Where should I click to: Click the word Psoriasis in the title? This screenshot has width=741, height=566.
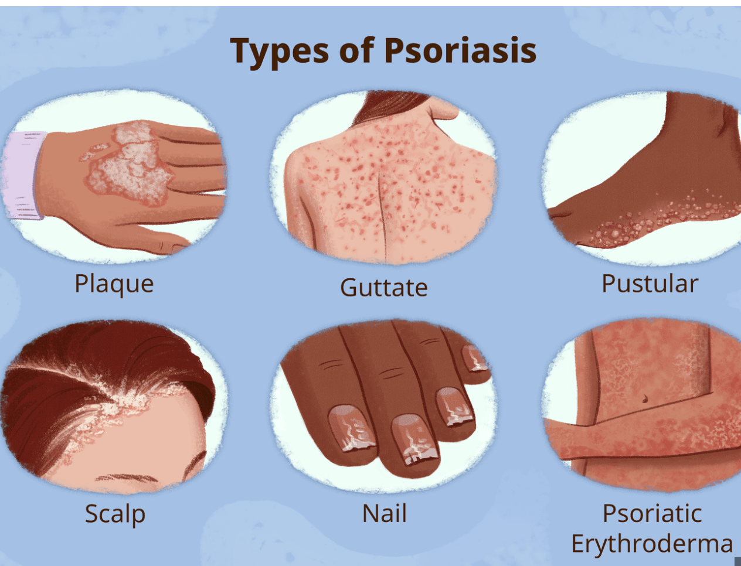click(460, 50)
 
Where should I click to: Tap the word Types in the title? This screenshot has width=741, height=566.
click(279, 52)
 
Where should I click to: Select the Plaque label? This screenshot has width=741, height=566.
click(114, 284)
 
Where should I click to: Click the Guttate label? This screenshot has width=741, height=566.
click(384, 287)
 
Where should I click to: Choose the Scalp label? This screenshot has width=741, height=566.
click(115, 514)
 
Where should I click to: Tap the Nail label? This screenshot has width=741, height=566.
click(384, 513)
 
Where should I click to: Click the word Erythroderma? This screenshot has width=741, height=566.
click(652, 544)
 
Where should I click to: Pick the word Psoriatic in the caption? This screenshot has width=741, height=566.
click(652, 513)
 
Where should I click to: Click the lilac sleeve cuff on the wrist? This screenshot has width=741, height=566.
click(23, 175)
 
